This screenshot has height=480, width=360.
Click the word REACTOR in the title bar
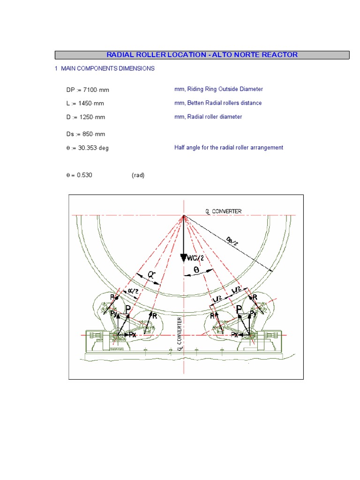pos(280,55)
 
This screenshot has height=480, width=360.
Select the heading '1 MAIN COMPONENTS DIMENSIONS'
pos(105,68)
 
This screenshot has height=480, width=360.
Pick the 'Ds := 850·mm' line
pos(86,134)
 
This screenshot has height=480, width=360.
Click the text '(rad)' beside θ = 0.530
pos(138,175)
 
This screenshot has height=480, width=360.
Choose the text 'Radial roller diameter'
pos(215,117)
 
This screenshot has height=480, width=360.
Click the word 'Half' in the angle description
pos(180,147)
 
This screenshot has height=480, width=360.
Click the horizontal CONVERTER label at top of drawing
pos(226,211)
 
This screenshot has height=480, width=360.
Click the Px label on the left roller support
pos(133,336)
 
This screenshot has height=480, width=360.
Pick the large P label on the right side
pos(239,308)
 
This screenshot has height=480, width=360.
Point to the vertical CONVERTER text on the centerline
pos(180,333)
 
